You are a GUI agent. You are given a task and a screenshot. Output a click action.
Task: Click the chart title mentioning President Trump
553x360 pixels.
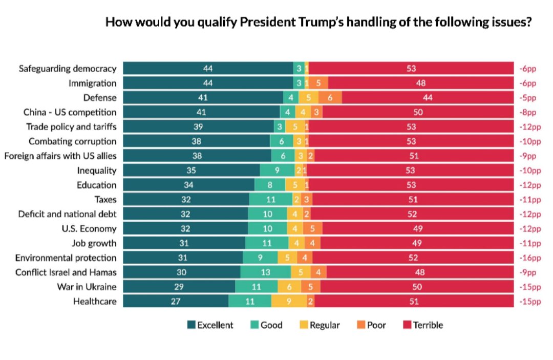coord(317,23)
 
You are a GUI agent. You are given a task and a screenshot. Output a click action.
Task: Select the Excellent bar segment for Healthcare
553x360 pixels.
coord(176,302)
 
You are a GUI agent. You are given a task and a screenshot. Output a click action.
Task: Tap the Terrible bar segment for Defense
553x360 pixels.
coord(427,98)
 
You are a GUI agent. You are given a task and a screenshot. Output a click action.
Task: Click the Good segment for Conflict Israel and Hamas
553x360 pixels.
coord(265,272)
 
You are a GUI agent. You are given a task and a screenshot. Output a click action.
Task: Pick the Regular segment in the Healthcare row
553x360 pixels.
coord(289,302)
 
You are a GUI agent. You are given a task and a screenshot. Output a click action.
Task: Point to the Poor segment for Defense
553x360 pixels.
coord(330,98)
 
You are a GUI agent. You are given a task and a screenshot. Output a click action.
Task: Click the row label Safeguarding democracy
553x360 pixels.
coord(68,69)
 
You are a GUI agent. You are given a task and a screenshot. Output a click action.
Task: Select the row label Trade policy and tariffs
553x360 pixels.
coord(71,127)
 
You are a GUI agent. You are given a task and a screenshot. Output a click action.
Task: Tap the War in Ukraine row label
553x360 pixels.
coord(87,287)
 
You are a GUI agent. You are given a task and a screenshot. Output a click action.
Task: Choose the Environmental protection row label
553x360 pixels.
coord(66,258)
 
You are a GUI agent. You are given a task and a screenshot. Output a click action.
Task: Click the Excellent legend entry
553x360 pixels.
coord(210,325)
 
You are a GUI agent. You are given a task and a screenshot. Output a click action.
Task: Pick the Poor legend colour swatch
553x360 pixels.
coord(361,325)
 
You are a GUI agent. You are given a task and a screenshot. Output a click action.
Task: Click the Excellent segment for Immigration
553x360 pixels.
coord(207,83)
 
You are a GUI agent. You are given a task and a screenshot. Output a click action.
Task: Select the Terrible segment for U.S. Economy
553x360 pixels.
coord(418,228)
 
